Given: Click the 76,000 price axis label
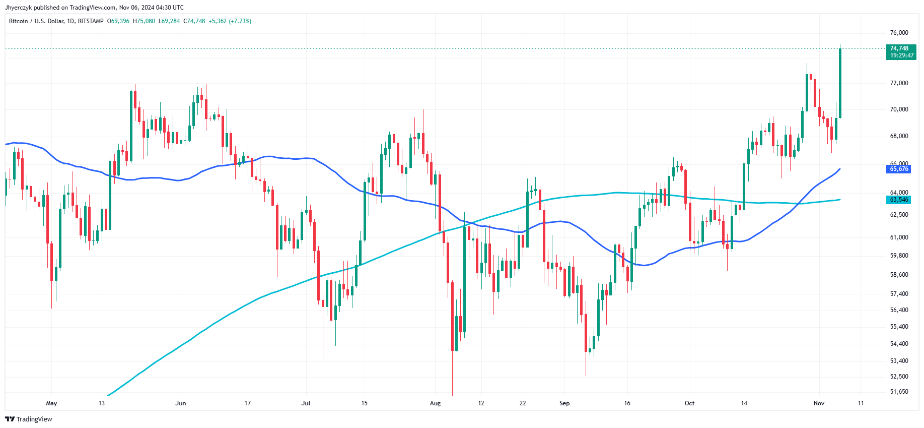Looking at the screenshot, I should (899, 33).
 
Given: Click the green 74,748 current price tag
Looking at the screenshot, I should (901, 52).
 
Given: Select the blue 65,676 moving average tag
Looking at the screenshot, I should (899, 169).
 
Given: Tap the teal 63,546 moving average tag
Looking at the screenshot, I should (899, 200).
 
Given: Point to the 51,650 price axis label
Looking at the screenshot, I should (899, 392).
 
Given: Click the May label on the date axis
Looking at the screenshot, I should (51, 403).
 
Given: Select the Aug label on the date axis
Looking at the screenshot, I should (436, 403).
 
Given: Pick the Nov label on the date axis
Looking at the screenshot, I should (819, 403).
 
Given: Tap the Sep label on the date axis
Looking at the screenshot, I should (564, 403).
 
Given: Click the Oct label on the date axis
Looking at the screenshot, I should (689, 403).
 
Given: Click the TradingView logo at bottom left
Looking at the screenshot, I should (29, 419).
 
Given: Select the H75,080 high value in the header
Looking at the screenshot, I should (144, 21).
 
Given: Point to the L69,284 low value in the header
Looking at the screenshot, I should (169, 21).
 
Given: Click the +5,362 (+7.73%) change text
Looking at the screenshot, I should (230, 21).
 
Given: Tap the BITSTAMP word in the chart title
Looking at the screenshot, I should (91, 21).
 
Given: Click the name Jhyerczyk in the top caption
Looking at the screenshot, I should (18, 8).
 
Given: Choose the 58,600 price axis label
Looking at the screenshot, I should (899, 275).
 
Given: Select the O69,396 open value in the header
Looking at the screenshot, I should (118, 21).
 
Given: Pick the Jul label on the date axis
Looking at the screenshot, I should (306, 403).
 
